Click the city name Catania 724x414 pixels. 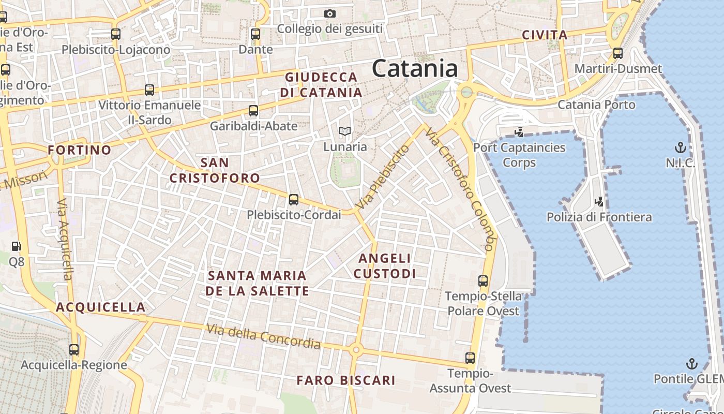coord(415,68)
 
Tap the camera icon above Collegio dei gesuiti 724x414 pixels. coord(330,13)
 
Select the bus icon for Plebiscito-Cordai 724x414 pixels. coord(294,199)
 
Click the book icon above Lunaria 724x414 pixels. coord(344,131)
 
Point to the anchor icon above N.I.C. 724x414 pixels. coord(681,147)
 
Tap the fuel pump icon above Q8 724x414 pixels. coord(17,246)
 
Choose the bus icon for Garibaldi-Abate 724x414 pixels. coord(253,110)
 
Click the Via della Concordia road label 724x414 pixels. coord(263,336)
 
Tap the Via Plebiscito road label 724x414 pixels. coord(382,177)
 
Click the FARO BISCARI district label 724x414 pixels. coord(346,380)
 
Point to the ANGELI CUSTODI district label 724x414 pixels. coord(385,265)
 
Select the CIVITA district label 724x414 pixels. coord(545,35)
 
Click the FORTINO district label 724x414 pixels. coord(80,150)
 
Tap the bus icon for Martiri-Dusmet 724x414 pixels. coord(617,53)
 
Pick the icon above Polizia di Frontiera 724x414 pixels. coord(599,201)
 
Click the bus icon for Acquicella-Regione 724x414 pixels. coord(74,349)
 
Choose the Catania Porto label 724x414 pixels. coord(596,105)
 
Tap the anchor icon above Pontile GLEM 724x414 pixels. coord(691,363)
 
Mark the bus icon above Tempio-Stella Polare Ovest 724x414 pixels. coord(483,281)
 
